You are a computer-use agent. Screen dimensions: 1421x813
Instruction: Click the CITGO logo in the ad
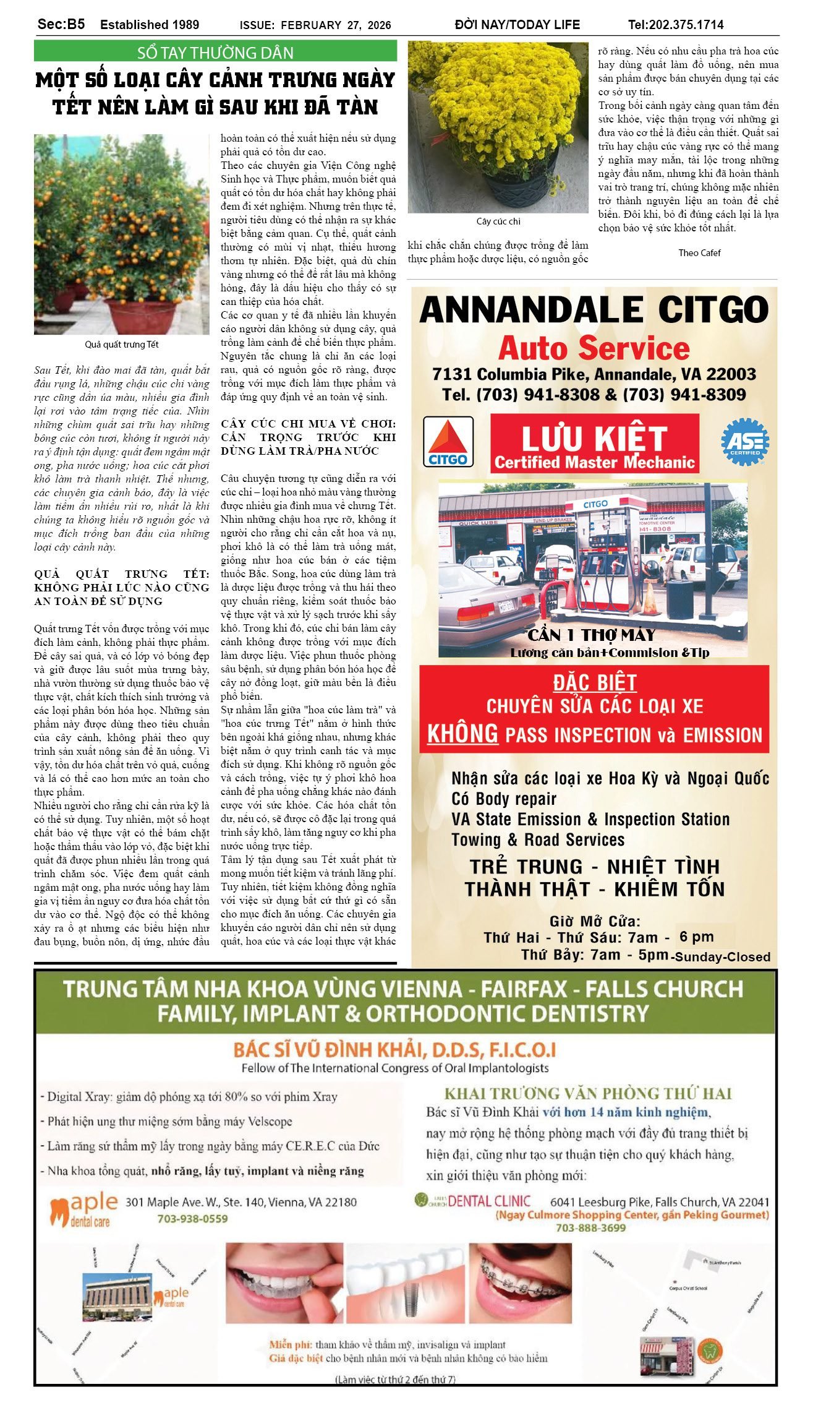pos(448,441)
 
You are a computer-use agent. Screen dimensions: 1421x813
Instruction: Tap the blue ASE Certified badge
pos(744,442)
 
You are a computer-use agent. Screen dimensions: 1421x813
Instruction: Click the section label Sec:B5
pos(61,24)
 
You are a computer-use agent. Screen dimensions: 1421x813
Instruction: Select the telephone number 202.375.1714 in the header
pos(676,25)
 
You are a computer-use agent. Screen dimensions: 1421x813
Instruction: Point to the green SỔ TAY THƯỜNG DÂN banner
pos(215,52)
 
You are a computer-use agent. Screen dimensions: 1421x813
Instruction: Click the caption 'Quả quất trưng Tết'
pos(122,345)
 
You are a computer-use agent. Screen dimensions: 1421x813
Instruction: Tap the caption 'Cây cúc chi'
pos(498,221)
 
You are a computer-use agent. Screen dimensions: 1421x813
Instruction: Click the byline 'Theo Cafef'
pos(699,252)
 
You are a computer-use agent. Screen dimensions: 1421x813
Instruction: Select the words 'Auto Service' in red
pos(594,348)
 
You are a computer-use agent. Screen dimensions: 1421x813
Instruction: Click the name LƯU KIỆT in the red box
pos(594,438)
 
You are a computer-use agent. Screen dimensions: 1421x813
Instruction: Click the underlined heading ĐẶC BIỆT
pos(595,683)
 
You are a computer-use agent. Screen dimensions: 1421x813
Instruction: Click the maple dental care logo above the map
pos(84,1211)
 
